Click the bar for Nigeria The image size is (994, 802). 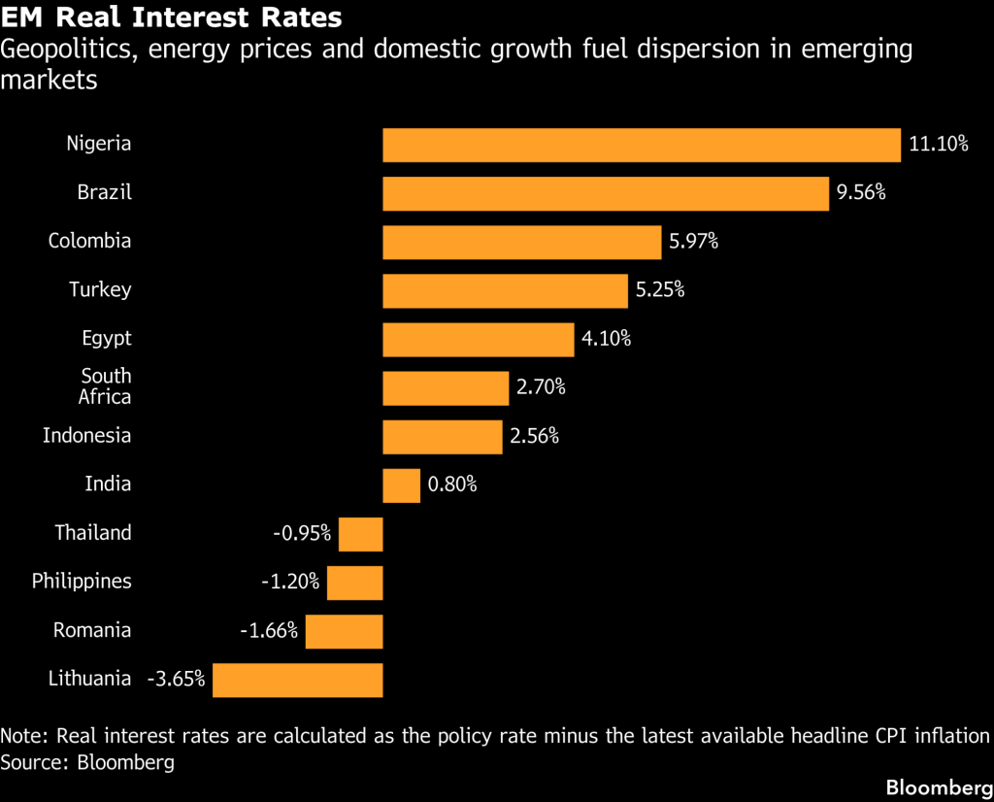(x=642, y=146)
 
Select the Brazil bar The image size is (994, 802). (x=606, y=194)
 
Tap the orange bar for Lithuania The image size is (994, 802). (x=298, y=681)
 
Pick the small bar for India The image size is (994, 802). (x=401, y=485)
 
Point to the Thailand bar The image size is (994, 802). (x=361, y=534)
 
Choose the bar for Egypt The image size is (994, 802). (x=479, y=340)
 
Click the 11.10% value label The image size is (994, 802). (x=939, y=144)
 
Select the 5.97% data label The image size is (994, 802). (x=693, y=241)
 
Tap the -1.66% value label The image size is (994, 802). (x=269, y=630)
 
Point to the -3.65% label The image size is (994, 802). (x=177, y=679)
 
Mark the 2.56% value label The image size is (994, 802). (x=535, y=436)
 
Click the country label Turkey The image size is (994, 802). (x=100, y=289)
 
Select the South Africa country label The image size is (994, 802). (x=105, y=386)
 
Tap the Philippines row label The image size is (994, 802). (x=82, y=582)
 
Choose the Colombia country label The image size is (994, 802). (x=90, y=241)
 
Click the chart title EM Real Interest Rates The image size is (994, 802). (x=171, y=17)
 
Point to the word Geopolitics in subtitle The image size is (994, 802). (x=69, y=50)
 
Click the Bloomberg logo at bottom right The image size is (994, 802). (x=940, y=787)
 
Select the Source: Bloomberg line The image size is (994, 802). (x=87, y=761)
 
